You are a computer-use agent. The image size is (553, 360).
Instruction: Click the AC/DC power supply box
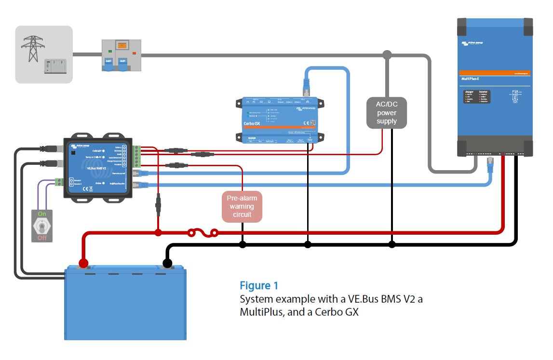(x=387, y=113)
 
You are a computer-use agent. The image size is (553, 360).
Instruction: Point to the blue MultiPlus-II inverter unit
(x=495, y=87)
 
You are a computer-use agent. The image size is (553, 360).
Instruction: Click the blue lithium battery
(x=125, y=304)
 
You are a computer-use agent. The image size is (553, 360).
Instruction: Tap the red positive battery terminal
(x=83, y=264)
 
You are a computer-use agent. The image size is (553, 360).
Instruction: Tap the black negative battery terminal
(x=167, y=264)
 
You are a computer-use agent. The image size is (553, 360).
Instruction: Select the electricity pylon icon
(x=33, y=47)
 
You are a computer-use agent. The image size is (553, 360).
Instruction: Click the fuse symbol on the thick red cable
(x=202, y=234)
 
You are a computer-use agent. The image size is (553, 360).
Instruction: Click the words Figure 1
(x=259, y=286)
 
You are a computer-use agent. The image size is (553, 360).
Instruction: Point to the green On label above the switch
(x=42, y=213)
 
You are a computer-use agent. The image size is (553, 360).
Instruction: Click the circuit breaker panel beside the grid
(x=121, y=55)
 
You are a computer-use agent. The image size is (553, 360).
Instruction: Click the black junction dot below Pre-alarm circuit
(x=243, y=244)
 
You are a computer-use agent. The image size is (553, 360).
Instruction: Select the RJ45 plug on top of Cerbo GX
(x=307, y=87)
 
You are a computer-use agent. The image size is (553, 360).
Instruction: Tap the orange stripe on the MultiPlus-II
(x=495, y=73)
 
